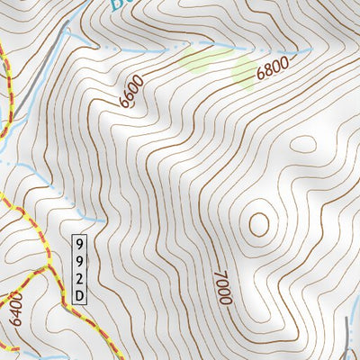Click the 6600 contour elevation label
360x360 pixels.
click(x=131, y=93)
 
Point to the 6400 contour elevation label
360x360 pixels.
click(x=16, y=307)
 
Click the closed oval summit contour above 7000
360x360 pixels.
click(x=259, y=222)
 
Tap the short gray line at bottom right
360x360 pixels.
click(x=348, y=336)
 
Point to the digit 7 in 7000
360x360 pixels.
click(x=220, y=274)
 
